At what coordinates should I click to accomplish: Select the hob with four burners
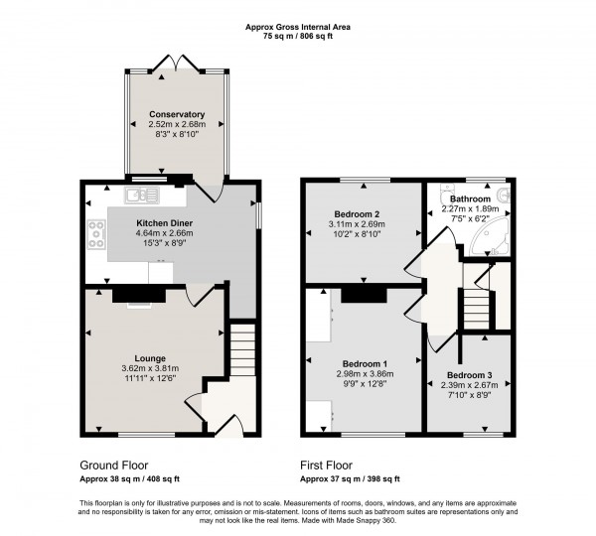click(x=98, y=234)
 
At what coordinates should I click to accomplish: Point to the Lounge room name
click(x=150, y=357)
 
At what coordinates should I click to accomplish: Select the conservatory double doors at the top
click(x=177, y=62)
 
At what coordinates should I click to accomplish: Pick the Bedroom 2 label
click(x=357, y=213)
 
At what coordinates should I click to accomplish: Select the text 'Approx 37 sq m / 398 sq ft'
click(x=359, y=479)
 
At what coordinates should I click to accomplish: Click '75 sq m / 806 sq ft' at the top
click(x=297, y=37)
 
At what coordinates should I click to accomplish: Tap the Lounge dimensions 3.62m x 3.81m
click(x=150, y=367)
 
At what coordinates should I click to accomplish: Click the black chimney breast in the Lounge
click(x=132, y=294)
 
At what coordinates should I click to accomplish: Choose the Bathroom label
click(x=472, y=199)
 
